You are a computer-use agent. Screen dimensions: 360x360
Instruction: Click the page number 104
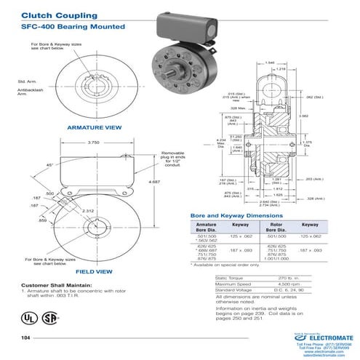pos(26,338)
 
